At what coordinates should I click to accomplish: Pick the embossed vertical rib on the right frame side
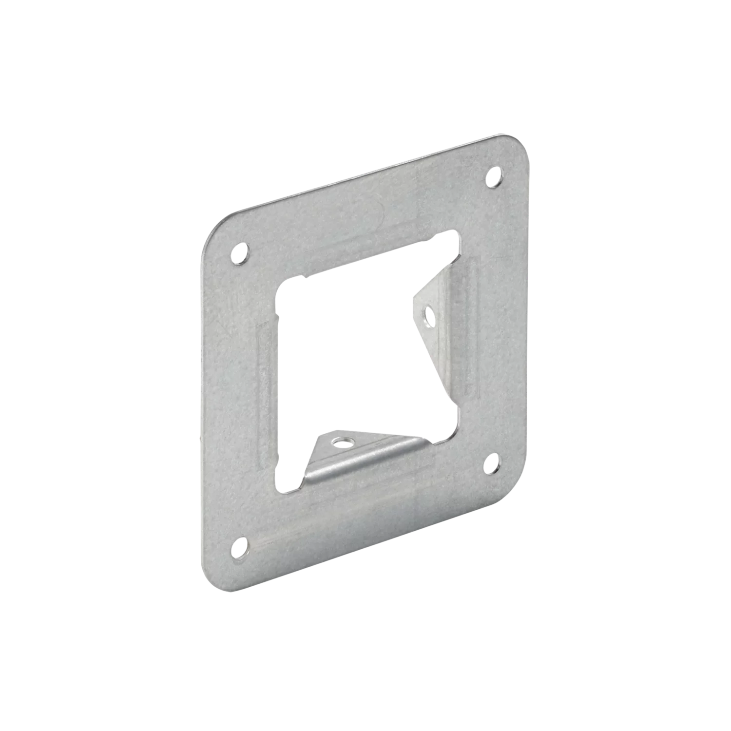(x=472, y=322)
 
